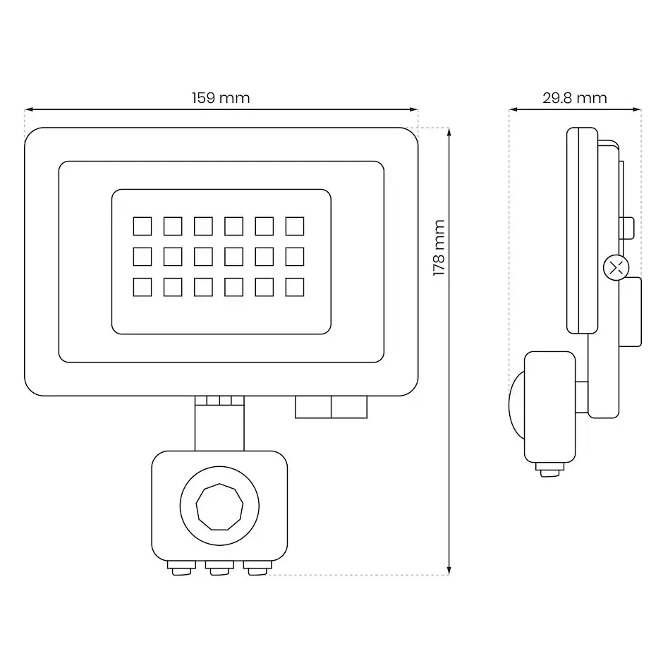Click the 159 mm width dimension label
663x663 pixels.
[x=221, y=98]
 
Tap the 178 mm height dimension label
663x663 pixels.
[x=439, y=248]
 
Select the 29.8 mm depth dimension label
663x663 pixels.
[x=575, y=98]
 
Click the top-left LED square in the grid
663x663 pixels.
[x=142, y=226]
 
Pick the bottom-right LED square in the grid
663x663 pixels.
[x=295, y=287]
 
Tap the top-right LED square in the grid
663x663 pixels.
[x=295, y=226]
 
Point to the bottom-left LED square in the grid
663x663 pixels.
[x=142, y=287]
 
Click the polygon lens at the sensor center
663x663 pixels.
[x=219, y=506]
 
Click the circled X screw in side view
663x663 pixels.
[x=616, y=269]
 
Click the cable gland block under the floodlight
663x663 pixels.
[x=331, y=407]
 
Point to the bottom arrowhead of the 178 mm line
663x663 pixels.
[x=449, y=570]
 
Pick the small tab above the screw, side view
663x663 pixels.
[x=627, y=228]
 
